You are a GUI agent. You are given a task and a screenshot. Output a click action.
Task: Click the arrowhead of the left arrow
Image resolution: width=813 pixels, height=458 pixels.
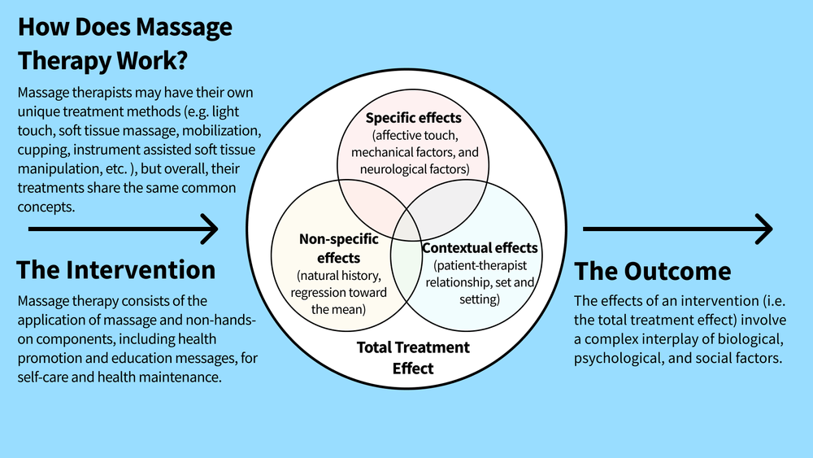tap(211, 229)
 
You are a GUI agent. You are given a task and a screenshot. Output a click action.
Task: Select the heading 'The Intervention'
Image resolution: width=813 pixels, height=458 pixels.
tap(115, 269)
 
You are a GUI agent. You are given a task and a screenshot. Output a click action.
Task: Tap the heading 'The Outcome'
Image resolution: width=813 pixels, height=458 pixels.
tap(653, 270)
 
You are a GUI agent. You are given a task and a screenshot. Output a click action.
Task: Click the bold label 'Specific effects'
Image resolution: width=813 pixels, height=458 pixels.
tap(413, 118)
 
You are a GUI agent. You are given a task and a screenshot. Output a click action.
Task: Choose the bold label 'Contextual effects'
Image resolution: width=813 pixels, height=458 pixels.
tap(480, 247)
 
